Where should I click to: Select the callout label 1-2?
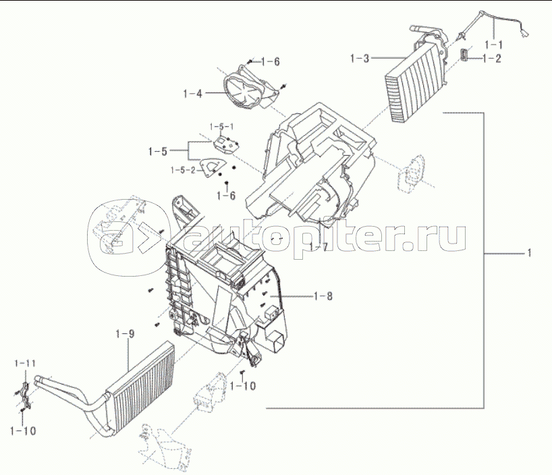coord(492,59)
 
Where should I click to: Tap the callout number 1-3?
coord(360,59)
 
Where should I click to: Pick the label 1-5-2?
coord(183,169)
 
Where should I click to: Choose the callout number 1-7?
coord(318,248)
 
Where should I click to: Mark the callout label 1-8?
coord(323,296)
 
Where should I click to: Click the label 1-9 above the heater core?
coord(126,333)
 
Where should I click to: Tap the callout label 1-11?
coord(25,364)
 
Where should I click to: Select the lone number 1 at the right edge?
coord(530,254)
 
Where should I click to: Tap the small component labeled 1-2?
coord(465,56)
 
